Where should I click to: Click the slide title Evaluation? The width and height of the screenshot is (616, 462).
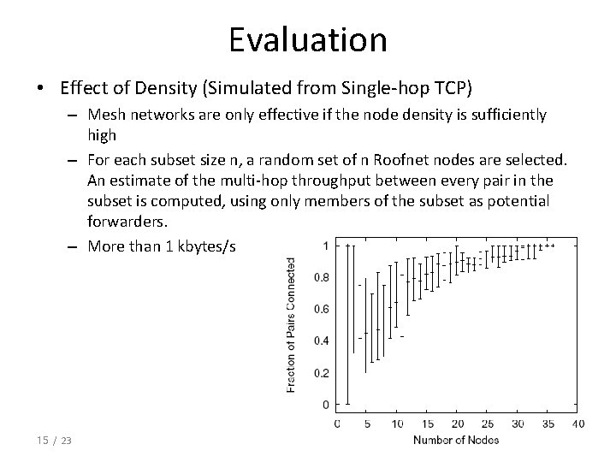point(308,39)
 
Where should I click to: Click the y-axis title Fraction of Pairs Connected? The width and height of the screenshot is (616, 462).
point(291,325)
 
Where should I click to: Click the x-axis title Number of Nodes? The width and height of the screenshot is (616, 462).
point(456,440)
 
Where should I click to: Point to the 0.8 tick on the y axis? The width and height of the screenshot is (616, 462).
point(319,277)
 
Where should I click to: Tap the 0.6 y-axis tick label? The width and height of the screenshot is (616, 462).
point(319,309)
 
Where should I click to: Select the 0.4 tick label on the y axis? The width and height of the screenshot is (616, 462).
point(319,341)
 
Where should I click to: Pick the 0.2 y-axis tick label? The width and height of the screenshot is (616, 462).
point(319,372)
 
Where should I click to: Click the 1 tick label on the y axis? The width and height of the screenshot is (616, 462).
point(324,246)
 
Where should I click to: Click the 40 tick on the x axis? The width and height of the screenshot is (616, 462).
point(577,423)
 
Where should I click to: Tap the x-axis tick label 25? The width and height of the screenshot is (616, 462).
point(487,423)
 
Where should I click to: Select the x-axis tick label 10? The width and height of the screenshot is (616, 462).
point(397,423)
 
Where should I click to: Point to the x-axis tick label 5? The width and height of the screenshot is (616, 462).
point(367,423)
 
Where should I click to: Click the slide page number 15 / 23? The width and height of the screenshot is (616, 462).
point(54,440)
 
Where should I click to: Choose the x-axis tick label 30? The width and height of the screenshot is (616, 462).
point(518,423)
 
